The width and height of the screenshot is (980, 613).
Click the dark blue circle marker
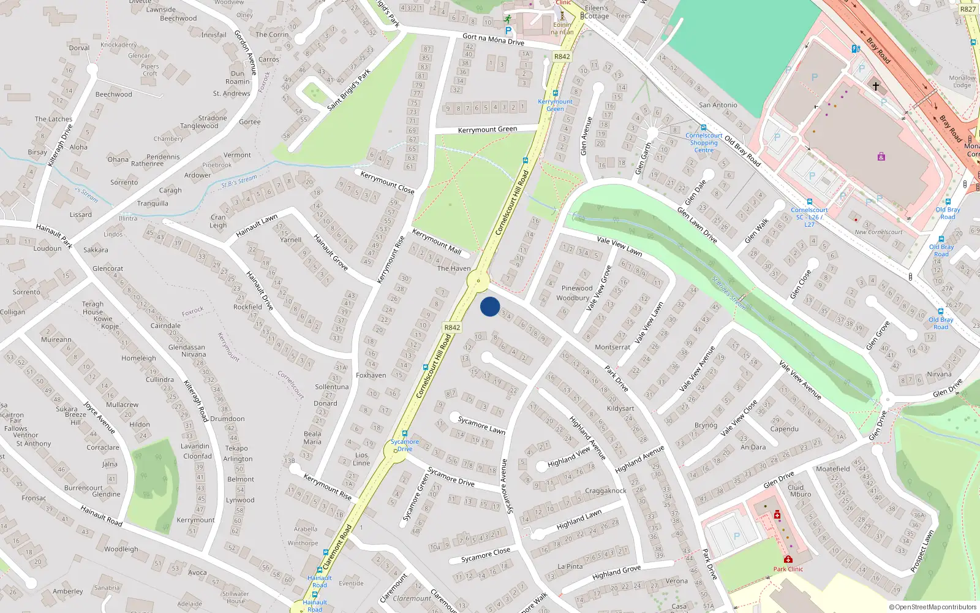490,306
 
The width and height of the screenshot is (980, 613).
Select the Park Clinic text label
788,569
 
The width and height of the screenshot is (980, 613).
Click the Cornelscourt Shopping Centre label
704,143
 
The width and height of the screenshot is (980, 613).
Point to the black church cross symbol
875,86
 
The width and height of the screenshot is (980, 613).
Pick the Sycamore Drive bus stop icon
404,433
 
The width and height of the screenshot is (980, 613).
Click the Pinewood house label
576,287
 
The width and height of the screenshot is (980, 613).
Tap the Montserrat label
612,347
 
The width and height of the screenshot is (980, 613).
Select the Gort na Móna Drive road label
493,40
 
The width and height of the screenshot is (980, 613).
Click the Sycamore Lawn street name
481,425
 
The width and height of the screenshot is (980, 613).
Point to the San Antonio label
718,105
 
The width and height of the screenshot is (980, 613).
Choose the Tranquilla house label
153,204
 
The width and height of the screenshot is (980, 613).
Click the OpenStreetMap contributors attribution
933,607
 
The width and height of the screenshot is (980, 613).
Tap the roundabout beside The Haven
478,281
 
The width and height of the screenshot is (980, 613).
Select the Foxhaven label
371,375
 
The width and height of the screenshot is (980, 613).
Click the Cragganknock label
605,490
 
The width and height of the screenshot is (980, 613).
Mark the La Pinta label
570,566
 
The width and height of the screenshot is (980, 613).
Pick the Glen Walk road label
757,231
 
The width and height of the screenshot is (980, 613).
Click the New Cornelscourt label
878,232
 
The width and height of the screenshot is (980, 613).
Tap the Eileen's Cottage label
596,12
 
